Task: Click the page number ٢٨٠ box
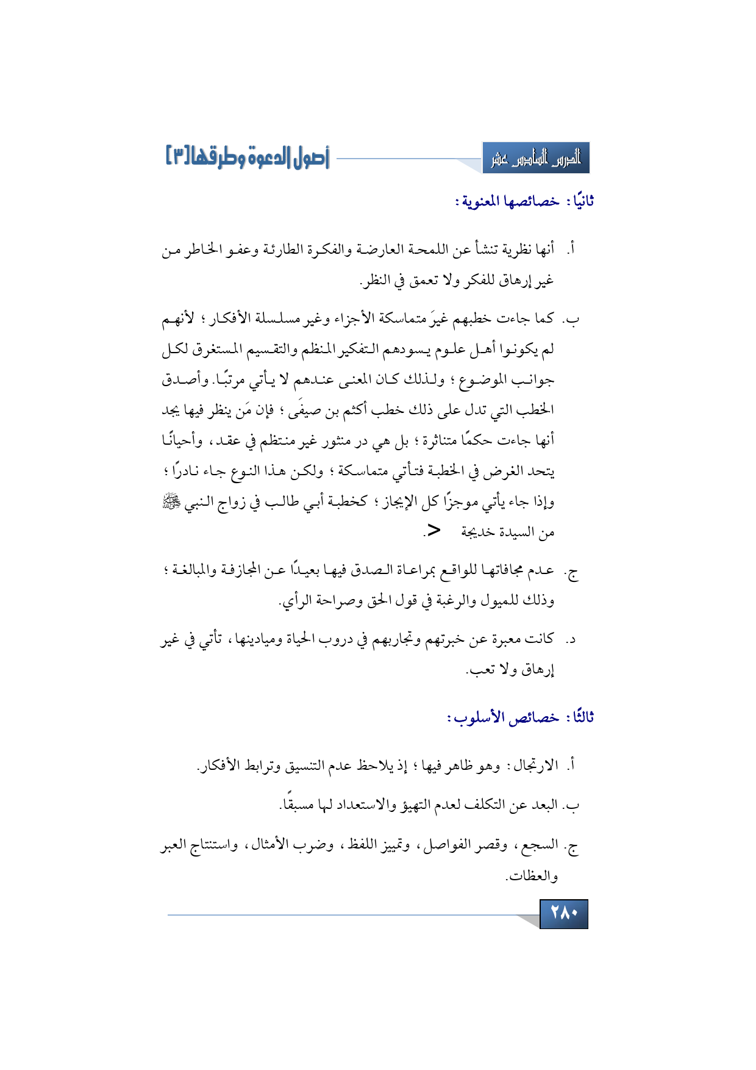click(x=563, y=913)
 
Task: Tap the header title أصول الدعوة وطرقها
click(x=247, y=158)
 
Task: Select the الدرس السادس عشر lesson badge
click(x=536, y=159)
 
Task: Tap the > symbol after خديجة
click(x=432, y=531)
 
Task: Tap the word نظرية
click(x=518, y=250)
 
